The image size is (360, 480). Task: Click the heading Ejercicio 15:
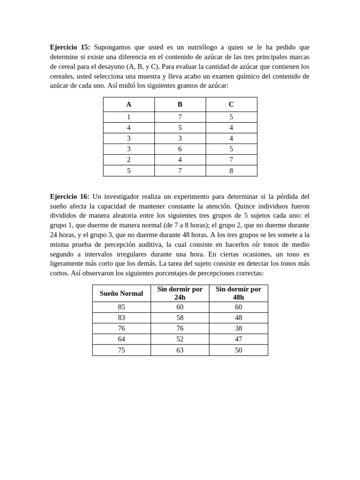click(x=70, y=47)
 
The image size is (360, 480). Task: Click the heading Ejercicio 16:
click(x=69, y=196)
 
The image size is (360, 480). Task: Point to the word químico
click(x=252, y=76)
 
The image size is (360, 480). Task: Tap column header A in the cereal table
click(x=129, y=105)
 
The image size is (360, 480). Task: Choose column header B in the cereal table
click(x=180, y=105)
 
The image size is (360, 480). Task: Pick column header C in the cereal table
click(x=231, y=105)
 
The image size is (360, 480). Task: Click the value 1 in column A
click(x=129, y=117)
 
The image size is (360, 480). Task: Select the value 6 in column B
click(x=180, y=149)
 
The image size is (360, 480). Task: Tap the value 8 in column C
click(x=231, y=171)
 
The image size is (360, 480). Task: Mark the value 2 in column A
click(x=129, y=160)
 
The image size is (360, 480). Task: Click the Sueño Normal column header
click(x=121, y=293)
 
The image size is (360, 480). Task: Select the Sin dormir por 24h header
click(x=180, y=293)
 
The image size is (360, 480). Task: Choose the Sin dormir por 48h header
click(x=238, y=293)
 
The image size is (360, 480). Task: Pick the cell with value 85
click(x=121, y=307)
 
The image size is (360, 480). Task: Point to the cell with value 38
click(x=238, y=329)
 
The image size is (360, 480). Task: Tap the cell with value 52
click(x=180, y=339)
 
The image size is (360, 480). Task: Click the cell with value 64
click(x=121, y=339)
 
